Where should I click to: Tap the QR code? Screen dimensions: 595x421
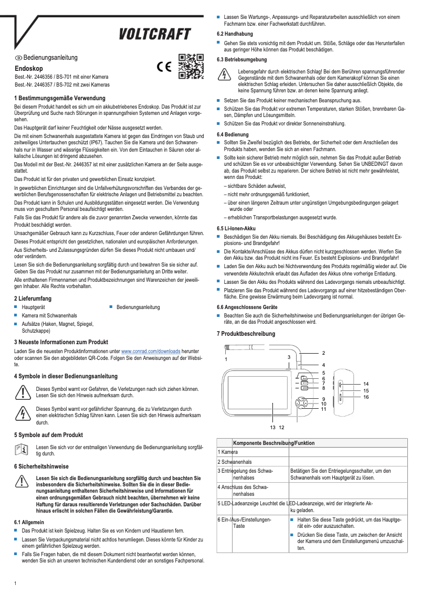click(190, 66)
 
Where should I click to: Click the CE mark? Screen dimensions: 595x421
click(164, 67)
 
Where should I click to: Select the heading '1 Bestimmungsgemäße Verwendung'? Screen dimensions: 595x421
click(60, 98)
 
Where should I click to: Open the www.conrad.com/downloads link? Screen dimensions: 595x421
click(151, 350)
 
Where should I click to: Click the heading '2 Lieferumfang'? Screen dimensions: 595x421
click(33, 299)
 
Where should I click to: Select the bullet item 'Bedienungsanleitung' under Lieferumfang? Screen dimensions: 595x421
click(138, 307)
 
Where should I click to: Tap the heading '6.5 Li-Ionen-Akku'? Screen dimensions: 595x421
click(236, 228)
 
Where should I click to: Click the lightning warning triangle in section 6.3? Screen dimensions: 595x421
click(224, 75)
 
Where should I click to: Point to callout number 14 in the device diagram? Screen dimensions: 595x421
click(365, 384)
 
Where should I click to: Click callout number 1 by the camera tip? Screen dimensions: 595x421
click(226, 359)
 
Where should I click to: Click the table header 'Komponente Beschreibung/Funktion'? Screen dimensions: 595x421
click(273, 443)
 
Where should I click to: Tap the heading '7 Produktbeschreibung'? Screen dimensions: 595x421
click(246, 334)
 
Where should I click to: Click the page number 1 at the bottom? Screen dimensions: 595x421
click(16, 583)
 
